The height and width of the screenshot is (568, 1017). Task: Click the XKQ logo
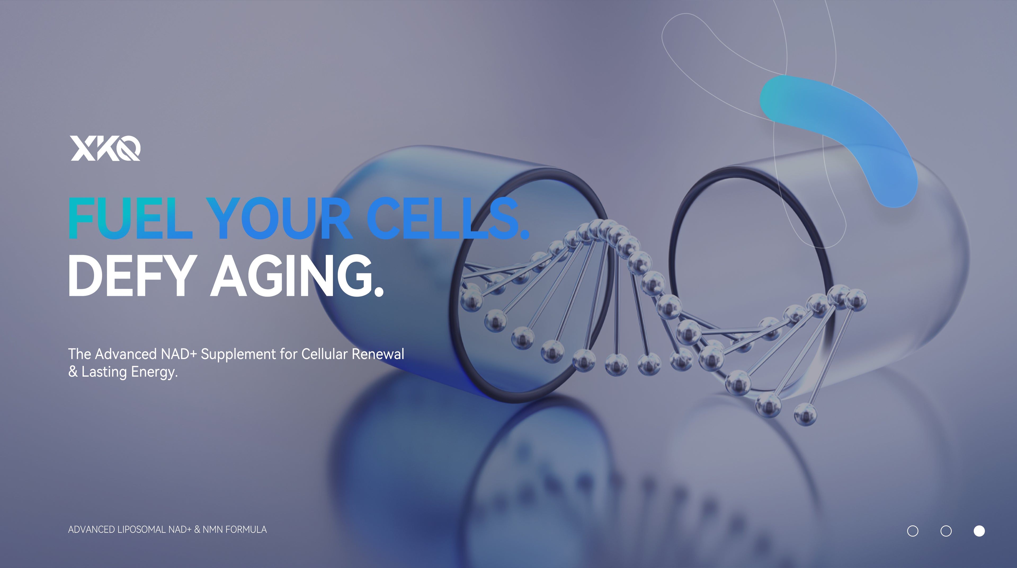[105, 148]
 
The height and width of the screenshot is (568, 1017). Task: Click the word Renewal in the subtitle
[378, 354]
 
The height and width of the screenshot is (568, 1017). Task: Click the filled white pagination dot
[979, 531]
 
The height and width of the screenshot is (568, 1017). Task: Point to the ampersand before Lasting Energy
[73, 372]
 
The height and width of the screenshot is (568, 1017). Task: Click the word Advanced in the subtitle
[126, 354]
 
